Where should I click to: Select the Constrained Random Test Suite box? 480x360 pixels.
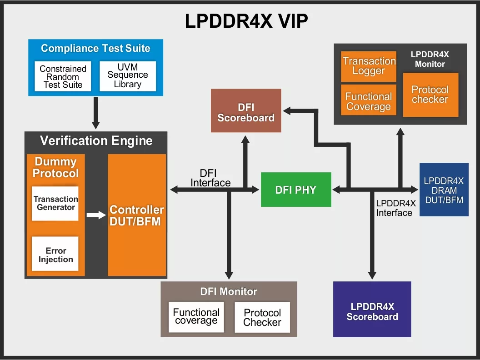tap(63, 76)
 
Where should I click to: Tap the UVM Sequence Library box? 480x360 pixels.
tap(128, 76)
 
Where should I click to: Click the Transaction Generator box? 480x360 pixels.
tap(55, 203)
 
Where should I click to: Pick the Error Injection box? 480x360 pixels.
tap(55, 255)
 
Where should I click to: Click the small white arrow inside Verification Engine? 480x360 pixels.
tap(96, 215)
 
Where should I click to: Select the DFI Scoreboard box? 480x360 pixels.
tap(246, 113)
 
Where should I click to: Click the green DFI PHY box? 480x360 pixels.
tap(296, 190)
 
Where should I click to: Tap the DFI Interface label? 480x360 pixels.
tap(210, 178)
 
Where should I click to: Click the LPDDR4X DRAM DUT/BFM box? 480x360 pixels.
tap(444, 190)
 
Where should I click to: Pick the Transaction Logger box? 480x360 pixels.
tap(369, 66)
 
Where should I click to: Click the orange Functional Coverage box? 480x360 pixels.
tap(369, 101)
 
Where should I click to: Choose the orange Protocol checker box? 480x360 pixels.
tap(430, 95)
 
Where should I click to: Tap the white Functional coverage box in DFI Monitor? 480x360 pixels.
tap(196, 316)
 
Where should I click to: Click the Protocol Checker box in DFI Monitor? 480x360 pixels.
tap(262, 317)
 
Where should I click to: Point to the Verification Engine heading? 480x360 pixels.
tap(96, 141)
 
